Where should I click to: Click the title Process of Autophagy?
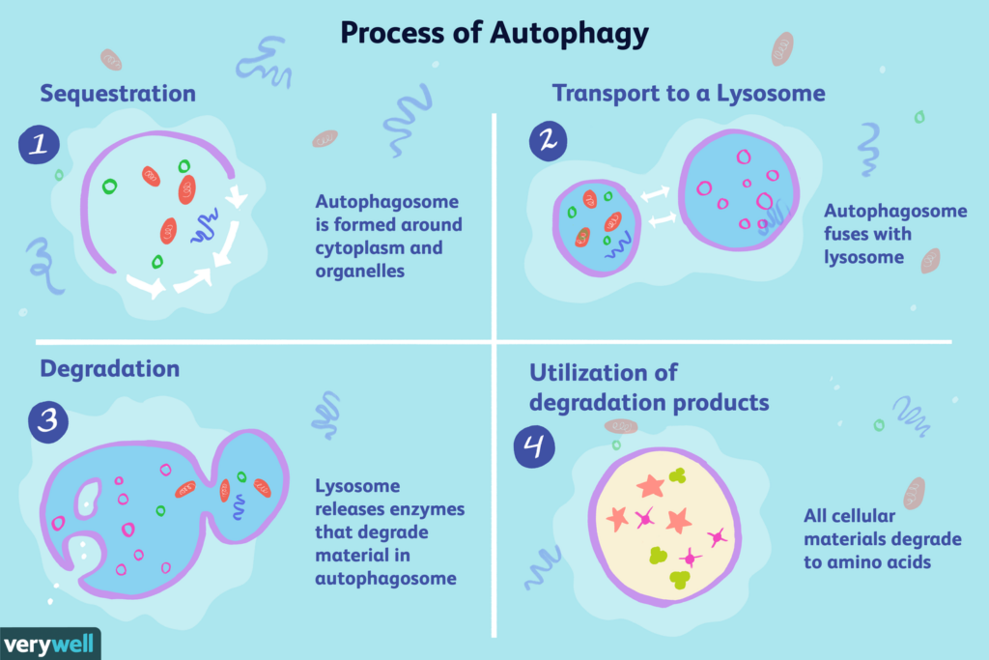click(x=494, y=34)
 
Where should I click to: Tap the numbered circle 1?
click(x=39, y=145)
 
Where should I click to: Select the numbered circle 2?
click(x=549, y=141)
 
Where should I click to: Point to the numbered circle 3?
click(x=48, y=421)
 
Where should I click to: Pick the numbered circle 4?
click(x=534, y=446)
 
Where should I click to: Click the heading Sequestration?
click(x=118, y=94)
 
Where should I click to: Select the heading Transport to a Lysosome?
click(x=689, y=94)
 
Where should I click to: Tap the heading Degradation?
click(x=110, y=368)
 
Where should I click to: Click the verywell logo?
click(x=49, y=645)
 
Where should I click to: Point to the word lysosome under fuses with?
click(x=863, y=257)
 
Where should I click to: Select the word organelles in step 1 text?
click(x=359, y=272)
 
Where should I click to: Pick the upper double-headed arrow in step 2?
click(x=656, y=193)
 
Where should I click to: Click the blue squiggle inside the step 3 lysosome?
click(x=239, y=506)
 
